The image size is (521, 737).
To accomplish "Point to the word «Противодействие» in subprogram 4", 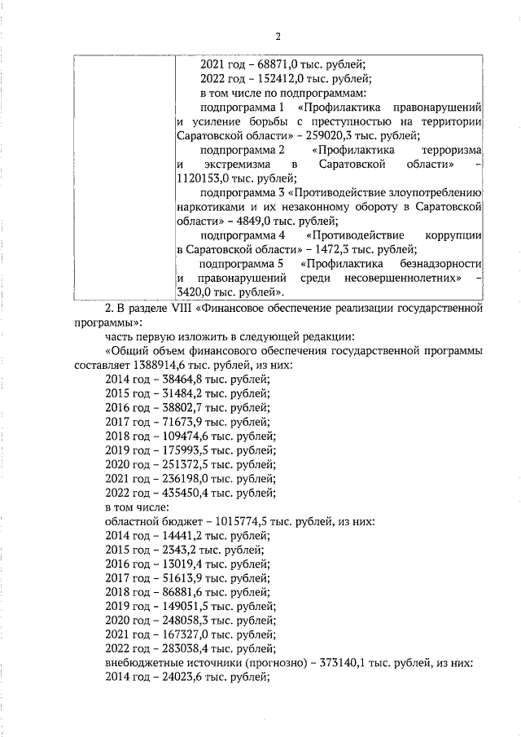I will (x=354, y=235).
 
